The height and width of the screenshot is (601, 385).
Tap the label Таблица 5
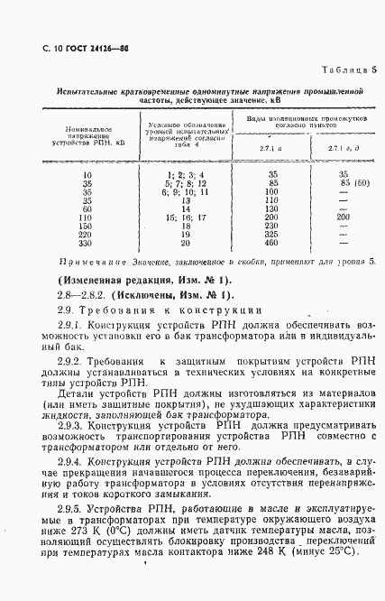[347, 70]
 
